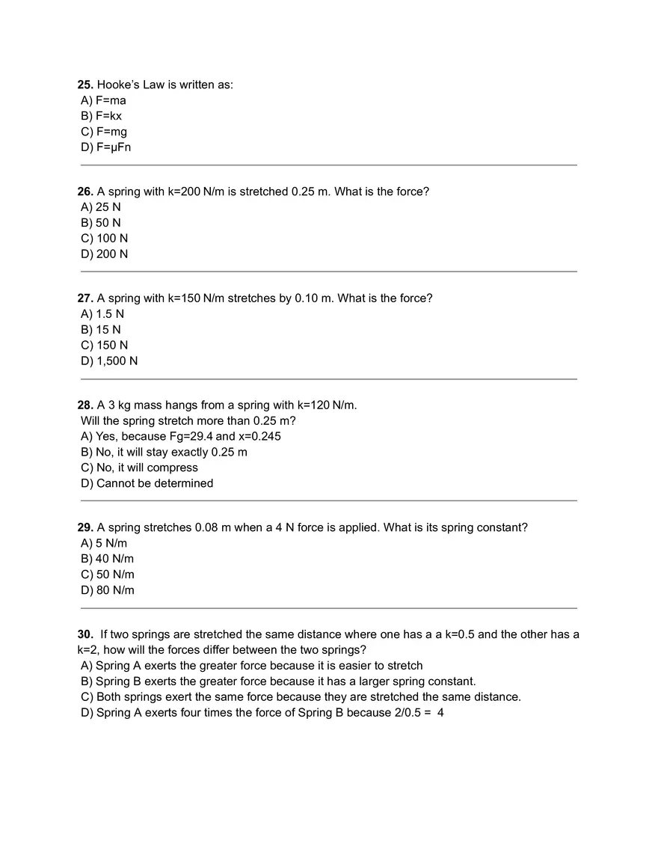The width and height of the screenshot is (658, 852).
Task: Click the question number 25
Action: [85, 85]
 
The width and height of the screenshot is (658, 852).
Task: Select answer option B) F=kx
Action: [101, 116]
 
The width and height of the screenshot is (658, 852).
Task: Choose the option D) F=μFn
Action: [105, 147]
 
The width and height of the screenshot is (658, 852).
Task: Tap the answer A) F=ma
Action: [103, 100]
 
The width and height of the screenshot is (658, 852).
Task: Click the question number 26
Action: [85, 191]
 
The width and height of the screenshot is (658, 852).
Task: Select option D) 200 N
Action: [104, 254]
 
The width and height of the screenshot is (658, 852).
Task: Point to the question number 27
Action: [85, 298]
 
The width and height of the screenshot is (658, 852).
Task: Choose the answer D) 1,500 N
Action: [109, 361]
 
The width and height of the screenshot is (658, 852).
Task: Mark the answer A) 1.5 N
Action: [102, 314]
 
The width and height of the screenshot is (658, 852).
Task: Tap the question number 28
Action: [85, 405]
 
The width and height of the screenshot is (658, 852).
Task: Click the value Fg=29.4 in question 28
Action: [191, 436]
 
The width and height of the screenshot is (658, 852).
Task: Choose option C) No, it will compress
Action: [139, 468]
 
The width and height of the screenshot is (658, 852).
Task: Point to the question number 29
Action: [85, 527]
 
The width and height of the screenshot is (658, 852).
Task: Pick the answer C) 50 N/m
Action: [108, 574]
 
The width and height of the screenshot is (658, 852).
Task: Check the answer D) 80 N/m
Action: [108, 590]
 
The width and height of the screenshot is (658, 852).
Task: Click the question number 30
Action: [85, 634]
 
